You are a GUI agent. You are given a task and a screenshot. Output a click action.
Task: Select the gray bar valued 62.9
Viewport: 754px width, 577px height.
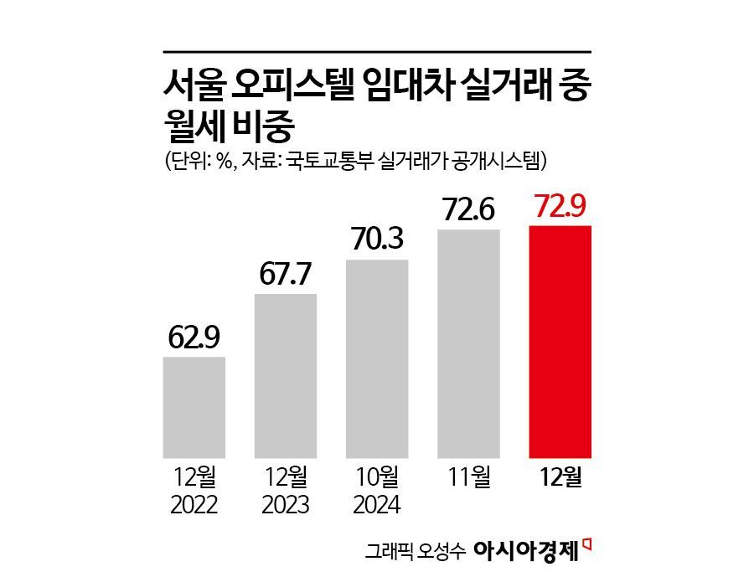pyautogui.click(x=194, y=408)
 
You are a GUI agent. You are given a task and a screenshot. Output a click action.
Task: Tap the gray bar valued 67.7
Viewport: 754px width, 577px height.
pyautogui.click(x=286, y=376)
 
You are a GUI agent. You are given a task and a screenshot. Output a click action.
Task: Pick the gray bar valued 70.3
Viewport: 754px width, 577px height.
pyautogui.click(x=377, y=359)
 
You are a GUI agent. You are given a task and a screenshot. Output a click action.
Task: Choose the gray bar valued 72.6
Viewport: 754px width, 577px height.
pyautogui.click(x=468, y=343)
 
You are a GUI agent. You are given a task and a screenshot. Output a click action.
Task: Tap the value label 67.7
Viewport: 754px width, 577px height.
pyautogui.click(x=286, y=275)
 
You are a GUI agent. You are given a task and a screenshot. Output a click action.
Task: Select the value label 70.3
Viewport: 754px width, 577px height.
pyautogui.click(x=377, y=241)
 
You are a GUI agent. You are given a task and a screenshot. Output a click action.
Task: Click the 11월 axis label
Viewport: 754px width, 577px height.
pyautogui.click(x=469, y=479)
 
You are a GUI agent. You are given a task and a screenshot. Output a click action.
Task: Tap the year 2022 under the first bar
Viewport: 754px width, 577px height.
pyautogui.click(x=194, y=505)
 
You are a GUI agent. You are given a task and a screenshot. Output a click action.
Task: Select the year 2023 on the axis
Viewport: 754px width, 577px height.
pyautogui.click(x=286, y=505)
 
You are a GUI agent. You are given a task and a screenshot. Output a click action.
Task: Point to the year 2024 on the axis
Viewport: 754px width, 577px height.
pyautogui.click(x=377, y=505)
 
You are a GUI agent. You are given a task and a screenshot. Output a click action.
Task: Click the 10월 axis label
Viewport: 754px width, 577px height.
pyautogui.click(x=377, y=479)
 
